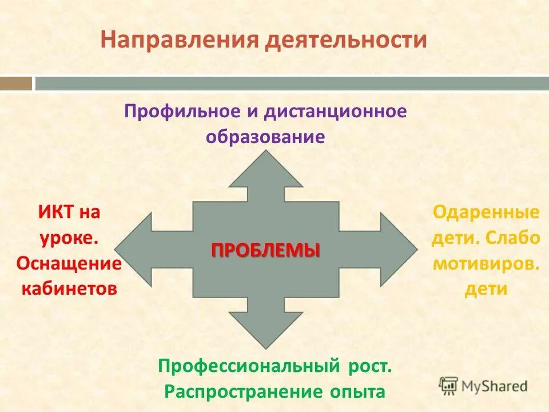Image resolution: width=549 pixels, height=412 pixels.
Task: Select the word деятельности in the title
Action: coord(345,40)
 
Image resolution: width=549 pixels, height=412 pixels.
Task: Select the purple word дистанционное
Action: coord(335,111)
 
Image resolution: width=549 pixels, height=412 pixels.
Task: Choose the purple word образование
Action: coord(265,137)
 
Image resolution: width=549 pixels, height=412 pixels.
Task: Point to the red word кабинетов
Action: coord(69,288)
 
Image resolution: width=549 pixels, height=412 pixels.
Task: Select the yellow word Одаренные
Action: coord(486,213)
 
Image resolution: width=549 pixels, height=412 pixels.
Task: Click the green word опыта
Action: coord(356,393)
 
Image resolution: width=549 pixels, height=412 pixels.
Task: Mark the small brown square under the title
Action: coord(16,84)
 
